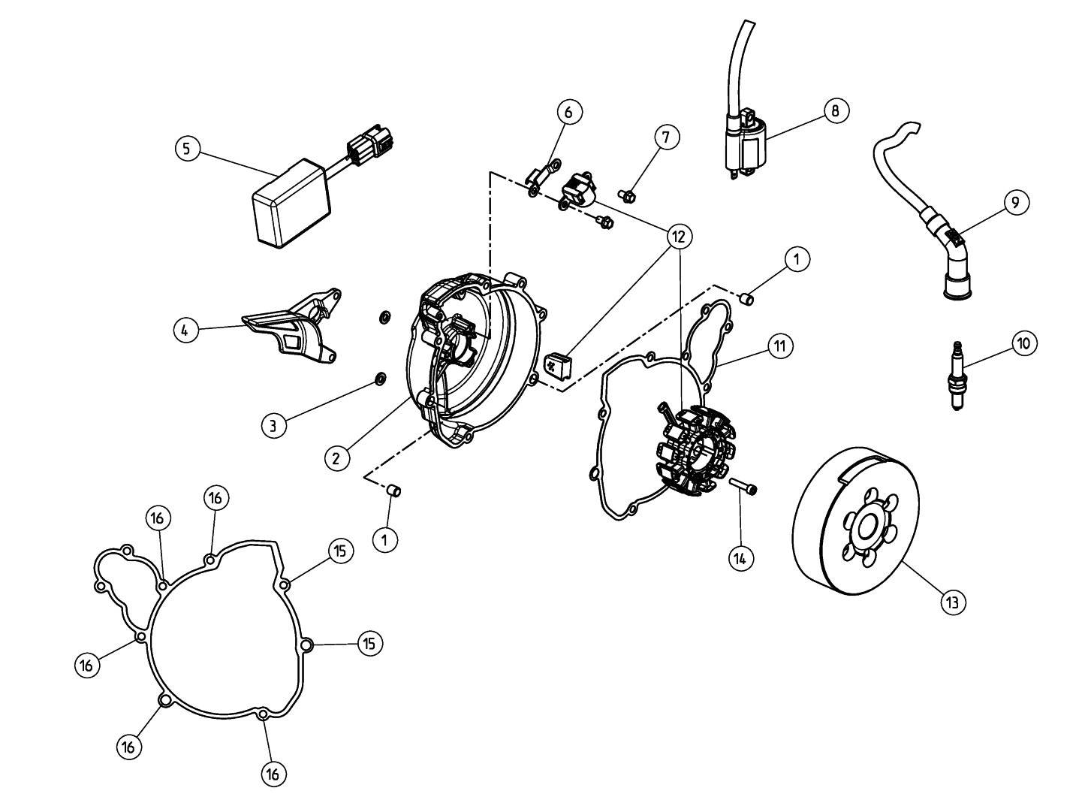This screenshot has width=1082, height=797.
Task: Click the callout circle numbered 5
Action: pyautogui.click(x=188, y=149)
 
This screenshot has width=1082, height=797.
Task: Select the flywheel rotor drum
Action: pyautogui.click(x=857, y=521)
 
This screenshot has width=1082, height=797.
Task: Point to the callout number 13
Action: pyautogui.click(x=953, y=602)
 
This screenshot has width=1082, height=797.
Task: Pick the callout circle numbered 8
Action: pyautogui.click(x=836, y=110)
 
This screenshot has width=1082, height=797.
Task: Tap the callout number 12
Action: pyautogui.click(x=679, y=237)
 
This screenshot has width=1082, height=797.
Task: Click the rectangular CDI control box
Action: pyautogui.click(x=292, y=204)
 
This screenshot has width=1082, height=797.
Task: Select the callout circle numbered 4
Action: pyautogui.click(x=186, y=331)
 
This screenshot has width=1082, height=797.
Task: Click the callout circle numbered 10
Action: pyautogui.click(x=1024, y=343)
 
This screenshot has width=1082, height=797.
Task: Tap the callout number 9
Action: pyautogui.click(x=1016, y=202)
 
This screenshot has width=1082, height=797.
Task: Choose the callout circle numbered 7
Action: pyautogui.click(x=667, y=137)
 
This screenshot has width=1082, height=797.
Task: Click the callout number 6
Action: pyautogui.click(x=569, y=112)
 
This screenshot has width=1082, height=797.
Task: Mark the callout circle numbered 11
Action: pyautogui.click(x=780, y=346)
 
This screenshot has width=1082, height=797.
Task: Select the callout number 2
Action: pyautogui.click(x=336, y=457)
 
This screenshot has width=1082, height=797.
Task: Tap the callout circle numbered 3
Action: pyautogui.click(x=273, y=426)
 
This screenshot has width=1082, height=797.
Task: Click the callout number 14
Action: pyautogui.click(x=740, y=559)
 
